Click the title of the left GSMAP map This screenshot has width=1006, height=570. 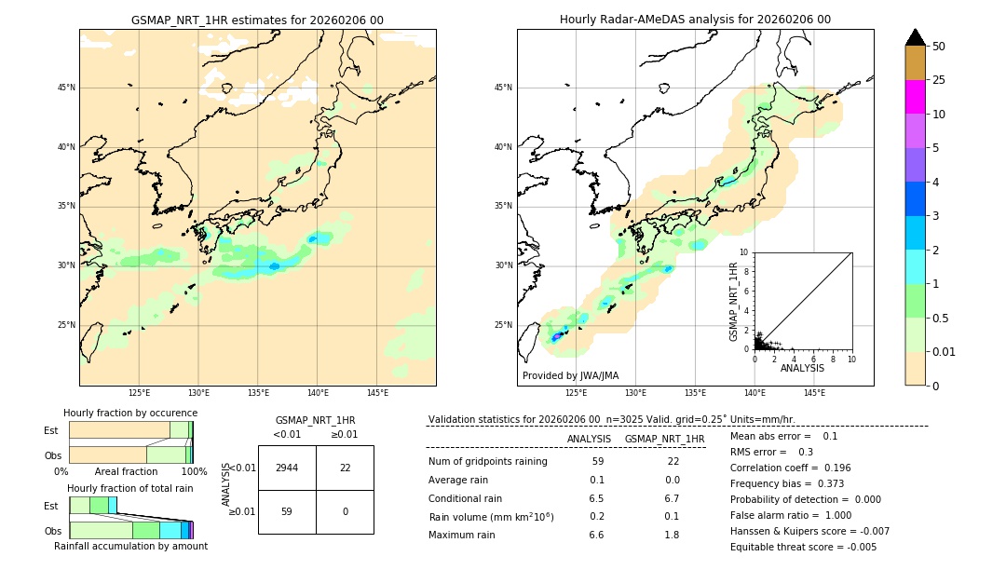click(x=257, y=20)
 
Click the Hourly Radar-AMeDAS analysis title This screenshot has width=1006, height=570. click(x=695, y=20)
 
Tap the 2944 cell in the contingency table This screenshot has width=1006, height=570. click(x=287, y=468)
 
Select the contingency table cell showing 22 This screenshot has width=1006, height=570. click(x=345, y=468)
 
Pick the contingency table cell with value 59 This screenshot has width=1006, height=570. click(x=287, y=511)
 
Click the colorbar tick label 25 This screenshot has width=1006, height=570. click(x=939, y=80)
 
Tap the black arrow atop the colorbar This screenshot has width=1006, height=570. click(x=916, y=37)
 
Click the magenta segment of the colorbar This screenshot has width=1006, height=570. click(x=916, y=97)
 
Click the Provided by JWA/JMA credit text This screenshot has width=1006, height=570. click(x=570, y=375)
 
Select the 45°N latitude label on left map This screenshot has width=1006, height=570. click(x=66, y=88)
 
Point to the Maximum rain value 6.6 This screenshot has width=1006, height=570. click(x=596, y=535)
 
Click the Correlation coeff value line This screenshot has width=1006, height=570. click(x=790, y=468)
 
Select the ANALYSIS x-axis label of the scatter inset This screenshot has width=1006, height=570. click(x=802, y=368)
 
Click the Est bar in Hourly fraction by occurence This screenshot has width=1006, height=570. click(x=130, y=429)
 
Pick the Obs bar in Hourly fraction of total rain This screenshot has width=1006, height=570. click(x=130, y=529)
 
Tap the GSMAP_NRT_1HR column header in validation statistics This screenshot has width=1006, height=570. click(x=664, y=439)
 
